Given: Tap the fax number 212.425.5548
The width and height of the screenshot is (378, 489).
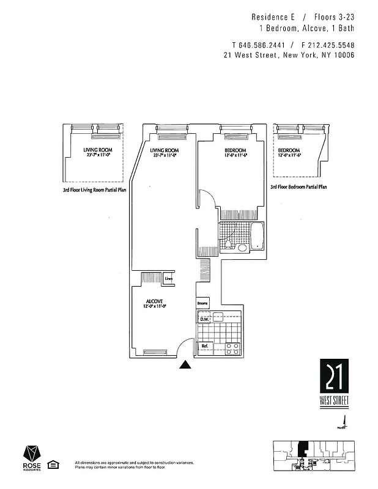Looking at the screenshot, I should [x=330, y=45].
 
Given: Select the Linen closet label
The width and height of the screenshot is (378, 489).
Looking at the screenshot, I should [x=169, y=279].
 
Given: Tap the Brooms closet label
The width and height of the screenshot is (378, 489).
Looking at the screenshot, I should [x=202, y=304].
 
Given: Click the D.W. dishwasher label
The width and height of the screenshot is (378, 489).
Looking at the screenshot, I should [x=204, y=319].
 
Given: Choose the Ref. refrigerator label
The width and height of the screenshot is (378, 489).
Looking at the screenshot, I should [x=205, y=347].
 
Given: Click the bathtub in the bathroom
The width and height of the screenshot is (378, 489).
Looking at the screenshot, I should [x=258, y=237].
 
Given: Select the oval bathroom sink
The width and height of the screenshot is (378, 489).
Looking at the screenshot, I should [x=242, y=248].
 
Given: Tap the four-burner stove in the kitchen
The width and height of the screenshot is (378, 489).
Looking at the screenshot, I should [x=232, y=348].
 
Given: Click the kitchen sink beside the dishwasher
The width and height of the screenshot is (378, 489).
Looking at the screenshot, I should [x=218, y=317].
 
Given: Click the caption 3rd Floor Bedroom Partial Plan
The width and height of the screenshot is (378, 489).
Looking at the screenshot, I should [x=298, y=187].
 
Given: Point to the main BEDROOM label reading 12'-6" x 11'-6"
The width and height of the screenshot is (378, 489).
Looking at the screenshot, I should [x=235, y=153].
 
